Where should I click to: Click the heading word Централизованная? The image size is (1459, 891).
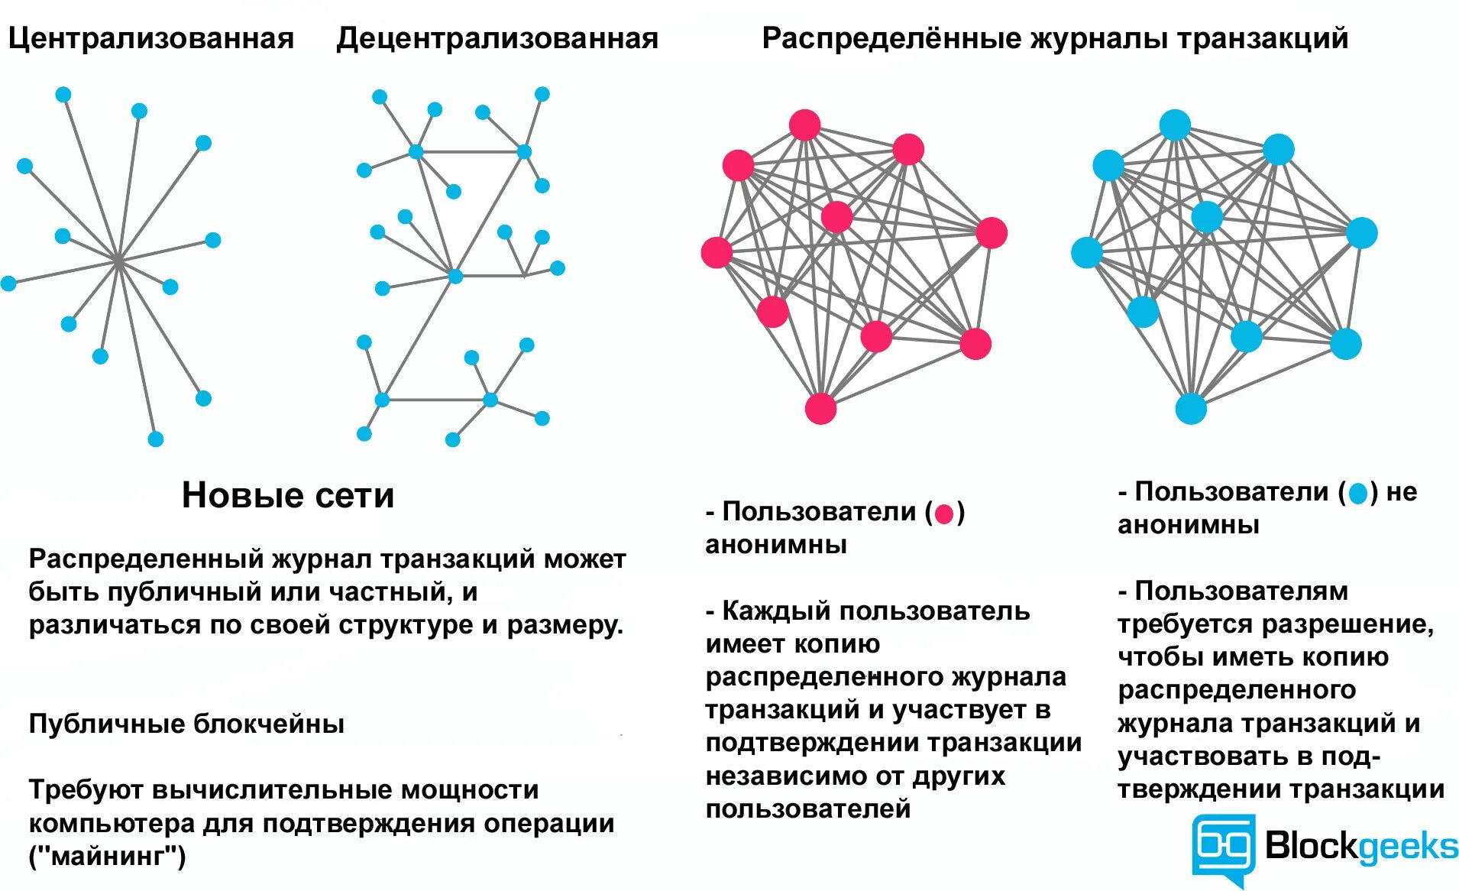click(150, 38)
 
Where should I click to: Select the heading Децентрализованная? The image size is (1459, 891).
click(497, 38)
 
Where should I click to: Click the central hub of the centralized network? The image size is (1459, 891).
click(118, 261)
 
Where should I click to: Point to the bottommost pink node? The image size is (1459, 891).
click(820, 408)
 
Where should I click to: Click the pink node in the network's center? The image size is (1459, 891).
click(836, 217)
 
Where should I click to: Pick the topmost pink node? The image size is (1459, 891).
click(804, 125)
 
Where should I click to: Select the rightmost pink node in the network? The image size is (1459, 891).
click(992, 233)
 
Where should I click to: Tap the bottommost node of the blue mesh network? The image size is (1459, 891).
click(1190, 408)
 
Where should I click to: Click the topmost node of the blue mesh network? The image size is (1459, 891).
click(1175, 125)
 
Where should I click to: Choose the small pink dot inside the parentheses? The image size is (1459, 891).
click(944, 514)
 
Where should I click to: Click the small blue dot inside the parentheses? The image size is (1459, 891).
click(1357, 494)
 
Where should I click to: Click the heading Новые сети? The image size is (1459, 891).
click(288, 495)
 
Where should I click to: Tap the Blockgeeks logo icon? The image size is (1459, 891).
click(1224, 847)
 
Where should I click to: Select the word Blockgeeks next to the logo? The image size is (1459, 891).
click(1361, 846)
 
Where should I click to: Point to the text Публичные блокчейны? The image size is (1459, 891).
click(186, 724)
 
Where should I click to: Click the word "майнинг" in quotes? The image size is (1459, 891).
click(107, 856)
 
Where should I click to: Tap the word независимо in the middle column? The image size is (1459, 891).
click(787, 776)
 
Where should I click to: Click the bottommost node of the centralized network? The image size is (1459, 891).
click(155, 439)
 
